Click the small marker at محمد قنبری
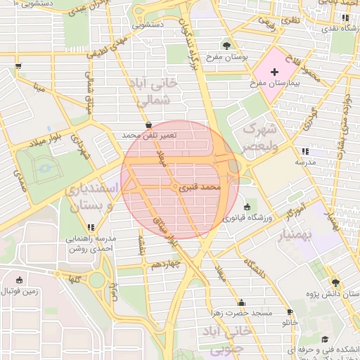click(174, 188)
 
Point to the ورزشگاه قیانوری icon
click(247, 207)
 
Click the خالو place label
click(290, 322)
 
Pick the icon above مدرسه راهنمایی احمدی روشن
click(91, 227)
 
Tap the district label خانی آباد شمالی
click(153, 92)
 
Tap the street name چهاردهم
click(167, 264)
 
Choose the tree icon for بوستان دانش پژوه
click(335, 280)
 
